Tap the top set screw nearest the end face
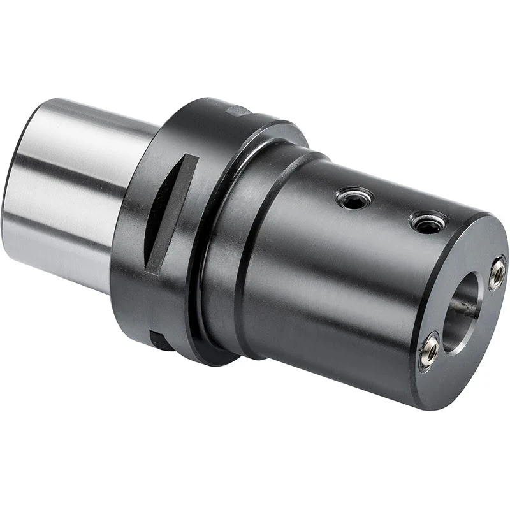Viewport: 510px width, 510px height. pyautogui.click(x=426, y=222)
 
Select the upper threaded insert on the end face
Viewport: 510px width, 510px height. pyautogui.click(x=497, y=272)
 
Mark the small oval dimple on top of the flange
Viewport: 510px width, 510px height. pyautogui.click(x=240, y=110)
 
